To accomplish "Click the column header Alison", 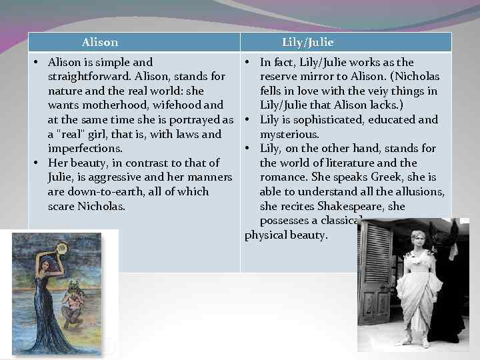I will coord(100,43).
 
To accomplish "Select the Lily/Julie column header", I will coord(307,43).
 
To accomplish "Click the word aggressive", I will coord(126,177).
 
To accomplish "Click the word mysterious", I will coord(289,134).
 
